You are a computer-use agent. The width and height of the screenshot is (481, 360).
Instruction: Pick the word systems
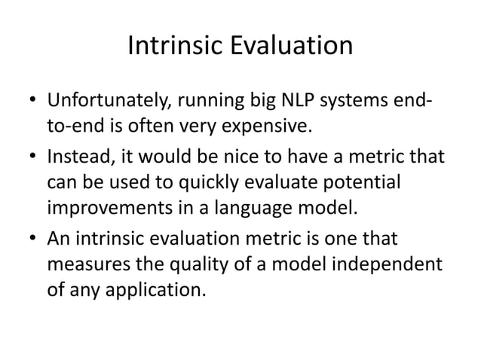coord(362,100)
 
